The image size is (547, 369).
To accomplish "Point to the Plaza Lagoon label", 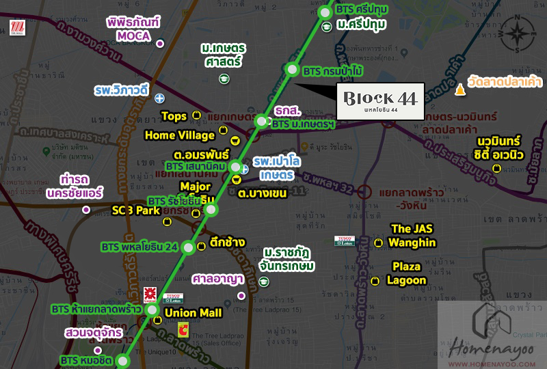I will tap(406, 273).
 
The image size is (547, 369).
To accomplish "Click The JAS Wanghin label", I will tap(411, 235).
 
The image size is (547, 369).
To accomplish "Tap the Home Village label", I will tap(179, 135).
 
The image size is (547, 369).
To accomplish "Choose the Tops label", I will tap(174, 116).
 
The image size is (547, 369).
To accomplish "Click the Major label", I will tap(194, 186).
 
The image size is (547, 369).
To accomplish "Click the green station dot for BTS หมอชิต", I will tap(123, 361).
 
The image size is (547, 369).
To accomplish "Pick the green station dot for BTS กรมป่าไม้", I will tap(293, 70).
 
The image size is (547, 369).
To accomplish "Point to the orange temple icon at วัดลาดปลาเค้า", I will tap(459, 90).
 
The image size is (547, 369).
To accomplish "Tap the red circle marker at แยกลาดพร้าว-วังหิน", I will tap(366, 191).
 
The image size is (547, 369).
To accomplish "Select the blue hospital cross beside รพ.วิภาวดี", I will tap(159, 98).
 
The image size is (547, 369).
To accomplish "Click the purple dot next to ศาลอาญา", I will tap(241, 295).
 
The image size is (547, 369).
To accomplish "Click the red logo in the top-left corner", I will tap(18, 28).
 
